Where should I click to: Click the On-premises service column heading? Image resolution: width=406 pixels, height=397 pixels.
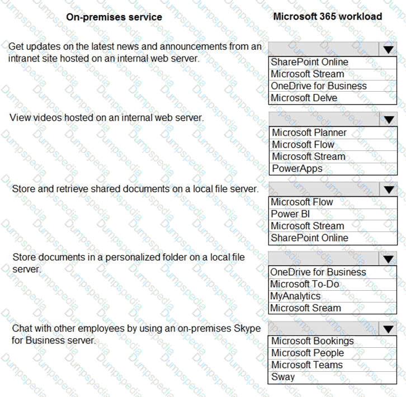click(x=114, y=17)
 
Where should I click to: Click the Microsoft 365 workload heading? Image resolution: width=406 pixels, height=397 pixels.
click(x=327, y=16)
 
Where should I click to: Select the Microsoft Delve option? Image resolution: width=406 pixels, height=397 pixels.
click(x=304, y=98)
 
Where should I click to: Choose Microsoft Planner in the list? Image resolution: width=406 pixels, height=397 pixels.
click(x=309, y=133)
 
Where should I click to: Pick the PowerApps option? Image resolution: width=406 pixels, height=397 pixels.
click(x=297, y=168)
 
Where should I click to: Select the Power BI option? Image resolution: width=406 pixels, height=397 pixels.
click(x=290, y=214)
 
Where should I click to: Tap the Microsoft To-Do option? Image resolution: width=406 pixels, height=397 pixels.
click(x=304, y=284)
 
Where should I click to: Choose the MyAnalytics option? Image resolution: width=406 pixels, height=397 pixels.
click(x=295, y=296)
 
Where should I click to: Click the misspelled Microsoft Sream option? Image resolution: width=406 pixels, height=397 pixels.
click(x=305, y=308)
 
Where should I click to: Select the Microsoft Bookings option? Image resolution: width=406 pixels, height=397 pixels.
click(x=313, y=341)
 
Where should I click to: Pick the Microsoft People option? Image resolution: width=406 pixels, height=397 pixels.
click(x=308, y=353)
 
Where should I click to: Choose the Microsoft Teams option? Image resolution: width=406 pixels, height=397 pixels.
click(x=307, y=365)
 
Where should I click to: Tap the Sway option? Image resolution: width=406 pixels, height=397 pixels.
click(x=283, y=376)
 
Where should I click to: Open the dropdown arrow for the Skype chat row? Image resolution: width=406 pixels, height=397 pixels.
click(x=388, y=329)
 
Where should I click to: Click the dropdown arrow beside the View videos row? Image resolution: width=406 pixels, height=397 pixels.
click(x=388, y=119)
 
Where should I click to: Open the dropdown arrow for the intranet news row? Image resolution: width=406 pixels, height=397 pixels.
click(x=388, y=49)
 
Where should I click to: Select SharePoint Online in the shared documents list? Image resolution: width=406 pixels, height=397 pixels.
click(x=309, y=238)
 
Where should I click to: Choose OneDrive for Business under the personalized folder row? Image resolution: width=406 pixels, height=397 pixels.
click(x=318, y=272)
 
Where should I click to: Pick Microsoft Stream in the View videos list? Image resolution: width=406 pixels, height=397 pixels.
click(x=309, y=157)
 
